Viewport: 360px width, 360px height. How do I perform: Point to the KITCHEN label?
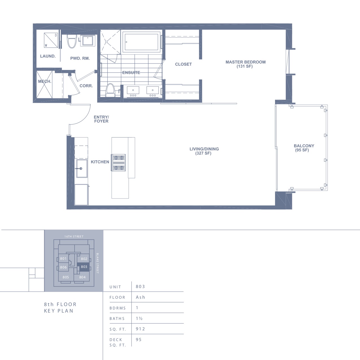(x=100, y=162)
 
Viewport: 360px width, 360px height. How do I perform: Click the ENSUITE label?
(x=131, y=73)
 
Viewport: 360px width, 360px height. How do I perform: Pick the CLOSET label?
(x=183, y=64)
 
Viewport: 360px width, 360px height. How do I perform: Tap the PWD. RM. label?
(x=80, y=58)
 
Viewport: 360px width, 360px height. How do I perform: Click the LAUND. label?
(x=48, y=56)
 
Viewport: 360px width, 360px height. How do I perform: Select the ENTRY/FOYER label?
(x=101, y=119)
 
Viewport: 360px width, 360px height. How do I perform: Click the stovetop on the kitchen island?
(x=119, y=163)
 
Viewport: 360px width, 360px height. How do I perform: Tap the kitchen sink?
(x=82, y=168)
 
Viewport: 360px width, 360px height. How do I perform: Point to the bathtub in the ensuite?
(x=141, y=42)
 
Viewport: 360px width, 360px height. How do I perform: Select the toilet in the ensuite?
(x=110, y=90)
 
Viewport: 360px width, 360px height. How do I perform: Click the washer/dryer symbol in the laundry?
(x=51, y=40)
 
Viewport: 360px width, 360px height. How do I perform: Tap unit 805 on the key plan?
(x=66, y=277)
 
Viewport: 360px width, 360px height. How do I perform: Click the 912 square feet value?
(x=141, y=329)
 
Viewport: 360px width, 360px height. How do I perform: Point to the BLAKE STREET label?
(x=97, y=263)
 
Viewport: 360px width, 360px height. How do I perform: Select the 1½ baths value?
(x=139, y=318)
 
